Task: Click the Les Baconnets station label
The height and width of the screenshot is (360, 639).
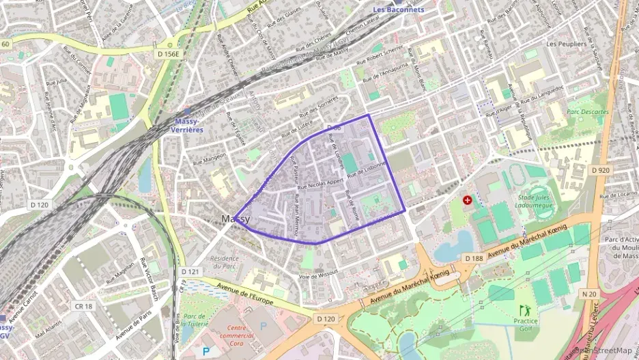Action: coord(399,10)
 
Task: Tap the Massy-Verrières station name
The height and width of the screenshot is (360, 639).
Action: coord(185,125)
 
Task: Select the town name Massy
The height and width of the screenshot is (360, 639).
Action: coord(236,219)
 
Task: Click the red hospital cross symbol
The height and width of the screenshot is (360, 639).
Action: coord(467,200)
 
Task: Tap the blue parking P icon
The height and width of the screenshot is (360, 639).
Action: coord(205,350)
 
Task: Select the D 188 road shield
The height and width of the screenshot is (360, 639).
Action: coord(473,259)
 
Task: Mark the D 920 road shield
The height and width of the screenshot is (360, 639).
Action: coord(600,169)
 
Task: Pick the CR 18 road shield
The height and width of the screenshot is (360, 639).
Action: coord(84,307)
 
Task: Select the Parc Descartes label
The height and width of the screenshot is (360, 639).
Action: coord(587,111)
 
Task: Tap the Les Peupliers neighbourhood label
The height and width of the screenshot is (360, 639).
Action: coord(566,44)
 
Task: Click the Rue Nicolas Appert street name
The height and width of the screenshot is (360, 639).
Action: coord(326,184)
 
